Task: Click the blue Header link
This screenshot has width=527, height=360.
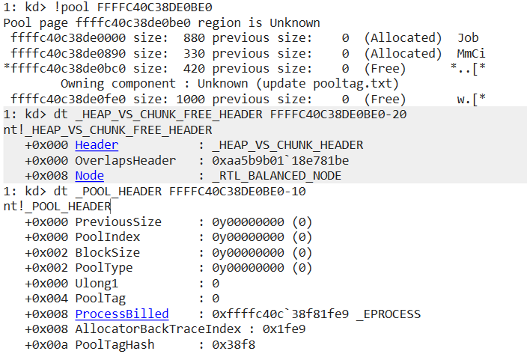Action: coord(97,145)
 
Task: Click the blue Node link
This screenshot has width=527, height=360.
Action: coord(89,175)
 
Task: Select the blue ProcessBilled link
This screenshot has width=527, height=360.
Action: coord(122,314)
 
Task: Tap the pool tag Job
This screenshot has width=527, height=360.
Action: coord(468,37)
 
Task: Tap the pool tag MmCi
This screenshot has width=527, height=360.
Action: coord(471,53)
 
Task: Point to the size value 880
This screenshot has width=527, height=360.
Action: coord(194,37)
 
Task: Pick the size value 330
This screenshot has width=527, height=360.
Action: coord(194,53)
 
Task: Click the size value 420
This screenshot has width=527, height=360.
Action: coord(194,69)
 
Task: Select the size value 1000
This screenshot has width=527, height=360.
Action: coord(191,99)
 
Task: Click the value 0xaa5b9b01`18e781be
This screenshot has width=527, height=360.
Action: coord(280,160)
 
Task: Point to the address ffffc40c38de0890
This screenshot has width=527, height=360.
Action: coord(68,53)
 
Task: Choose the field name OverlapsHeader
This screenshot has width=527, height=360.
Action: coord(125,160)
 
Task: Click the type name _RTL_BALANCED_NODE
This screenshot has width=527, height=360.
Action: coord(277,175)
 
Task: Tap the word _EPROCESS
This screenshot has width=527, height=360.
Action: coord(389,314)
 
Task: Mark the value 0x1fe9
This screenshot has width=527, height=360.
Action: coord(284,329)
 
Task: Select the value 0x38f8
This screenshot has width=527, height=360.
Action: coord(234,344)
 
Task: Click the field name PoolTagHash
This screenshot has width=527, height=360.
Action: coord(115,344)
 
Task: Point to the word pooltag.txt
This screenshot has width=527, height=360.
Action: coord(356,84)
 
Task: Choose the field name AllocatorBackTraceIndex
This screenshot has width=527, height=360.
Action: coord(158,329)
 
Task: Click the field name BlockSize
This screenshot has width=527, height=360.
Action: coord(108,252)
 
